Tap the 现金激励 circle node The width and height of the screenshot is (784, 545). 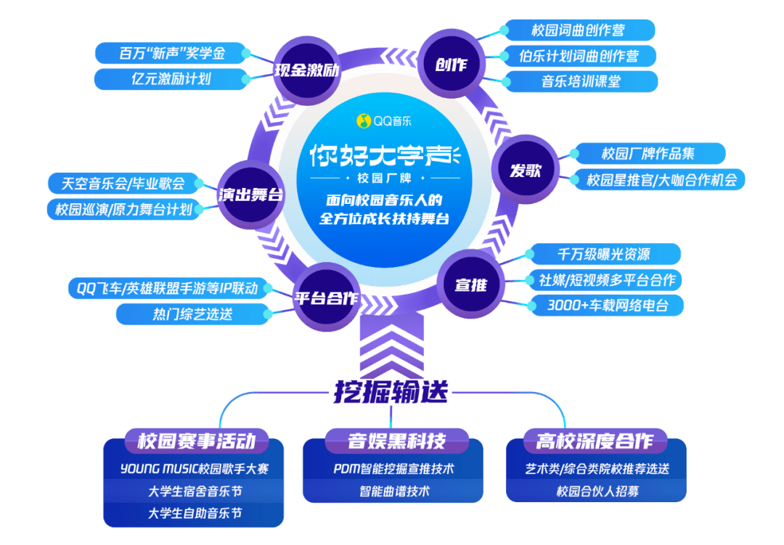coord(307,70)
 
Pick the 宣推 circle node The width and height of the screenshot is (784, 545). coord(470,284)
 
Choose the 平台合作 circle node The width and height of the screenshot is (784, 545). coord(325,298)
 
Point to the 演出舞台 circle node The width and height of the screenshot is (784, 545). coord(251,194)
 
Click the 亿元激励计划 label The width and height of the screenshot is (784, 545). coord(171,78)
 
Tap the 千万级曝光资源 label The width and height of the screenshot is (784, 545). coord(603,254)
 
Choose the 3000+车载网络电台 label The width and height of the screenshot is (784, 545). coord(608,305)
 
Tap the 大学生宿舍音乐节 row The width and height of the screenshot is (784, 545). coord(195,491)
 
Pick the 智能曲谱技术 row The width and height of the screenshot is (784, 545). coord(394,491)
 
